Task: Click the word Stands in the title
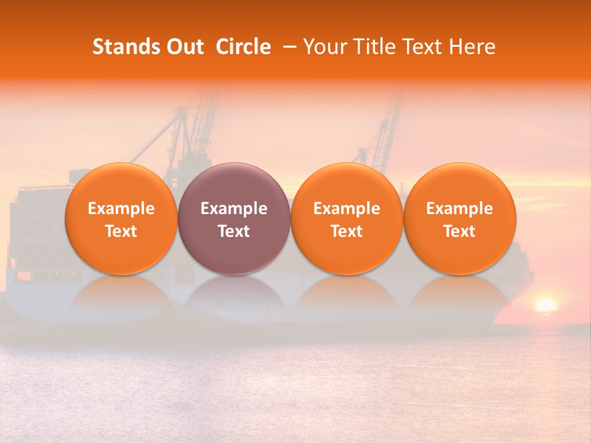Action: click(127, 47)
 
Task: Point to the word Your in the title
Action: click(324, 47)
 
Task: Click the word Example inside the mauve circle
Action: click(234, 209)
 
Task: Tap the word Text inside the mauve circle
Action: click(234, 231)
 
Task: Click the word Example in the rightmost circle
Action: click(460, 209)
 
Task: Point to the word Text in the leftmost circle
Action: click(121, 231)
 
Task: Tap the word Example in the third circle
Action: click(347, 209)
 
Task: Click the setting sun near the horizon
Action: click(545, 305)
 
